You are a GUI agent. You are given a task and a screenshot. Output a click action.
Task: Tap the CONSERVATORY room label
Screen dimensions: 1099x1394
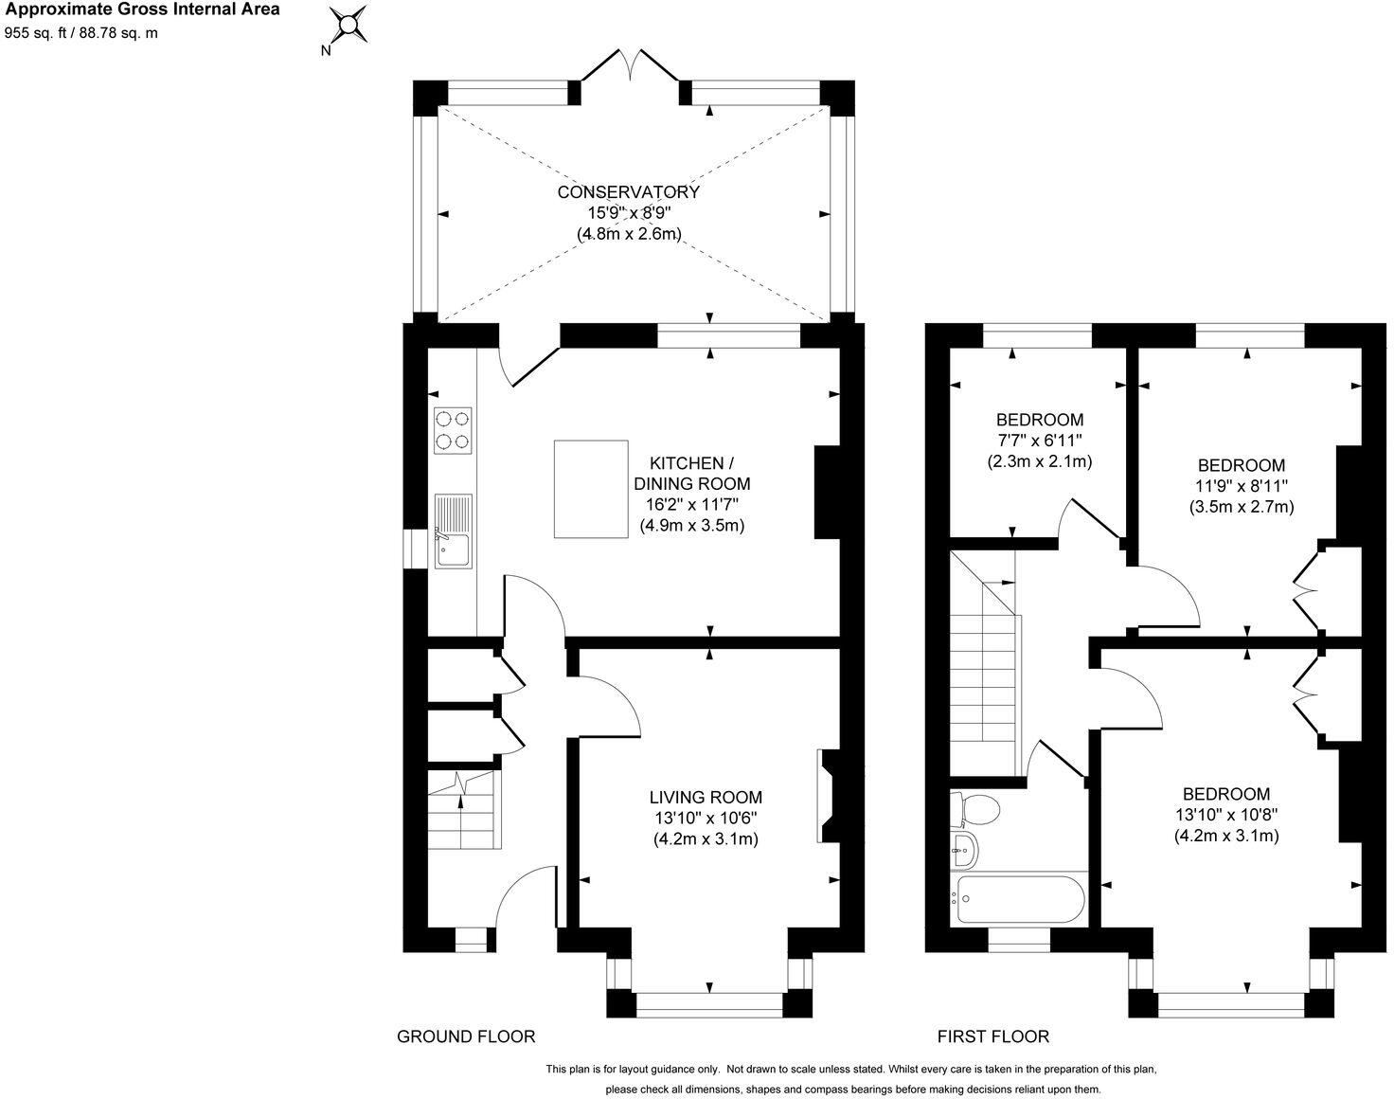628,192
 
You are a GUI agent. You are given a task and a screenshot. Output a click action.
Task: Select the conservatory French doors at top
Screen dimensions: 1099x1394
629,68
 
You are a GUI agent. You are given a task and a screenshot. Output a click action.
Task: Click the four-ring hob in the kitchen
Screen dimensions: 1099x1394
453,429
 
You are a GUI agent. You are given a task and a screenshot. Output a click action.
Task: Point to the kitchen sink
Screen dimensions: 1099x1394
454,531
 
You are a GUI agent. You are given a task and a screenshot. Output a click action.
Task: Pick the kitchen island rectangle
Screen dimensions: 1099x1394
591,488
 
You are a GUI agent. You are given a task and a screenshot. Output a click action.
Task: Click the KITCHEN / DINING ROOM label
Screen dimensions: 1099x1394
691,473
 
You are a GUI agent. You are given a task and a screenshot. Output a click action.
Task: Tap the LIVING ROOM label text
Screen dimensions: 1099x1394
706,798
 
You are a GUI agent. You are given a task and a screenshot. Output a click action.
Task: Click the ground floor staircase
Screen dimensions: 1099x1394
461,811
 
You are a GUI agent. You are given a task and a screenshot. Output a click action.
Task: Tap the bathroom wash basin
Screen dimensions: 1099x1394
963,849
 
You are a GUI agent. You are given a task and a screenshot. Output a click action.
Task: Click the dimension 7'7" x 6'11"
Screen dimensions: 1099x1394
1039,441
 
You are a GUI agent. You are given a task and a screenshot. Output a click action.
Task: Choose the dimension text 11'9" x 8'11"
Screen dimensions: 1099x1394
1241,486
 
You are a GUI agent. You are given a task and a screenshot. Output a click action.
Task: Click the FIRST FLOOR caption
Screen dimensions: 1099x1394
992,1036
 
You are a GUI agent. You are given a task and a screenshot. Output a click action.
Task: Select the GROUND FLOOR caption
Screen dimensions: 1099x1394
465,1036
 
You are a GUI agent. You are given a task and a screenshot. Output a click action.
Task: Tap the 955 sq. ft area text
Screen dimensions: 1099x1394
42,32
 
